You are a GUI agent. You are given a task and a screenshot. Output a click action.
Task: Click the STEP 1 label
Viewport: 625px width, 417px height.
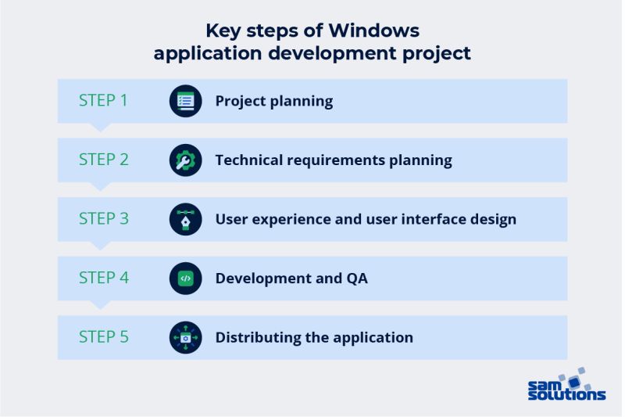(x=103, y=101)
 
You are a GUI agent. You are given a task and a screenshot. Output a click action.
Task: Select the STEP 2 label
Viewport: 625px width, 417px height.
(x=103, y=160)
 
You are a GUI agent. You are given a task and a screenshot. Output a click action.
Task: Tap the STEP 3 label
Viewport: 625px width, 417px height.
(x=103, y=219)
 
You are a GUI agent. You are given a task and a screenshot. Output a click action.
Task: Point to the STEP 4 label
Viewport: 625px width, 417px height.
(x=103, y=278)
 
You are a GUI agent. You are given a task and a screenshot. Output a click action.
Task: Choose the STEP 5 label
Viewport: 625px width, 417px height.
(x=103, y=337)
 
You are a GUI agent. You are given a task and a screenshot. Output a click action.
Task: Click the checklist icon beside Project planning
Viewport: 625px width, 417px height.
(x=185, y=101)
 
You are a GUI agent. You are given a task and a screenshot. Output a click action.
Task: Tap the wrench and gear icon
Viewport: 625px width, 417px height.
(x=185, y=160)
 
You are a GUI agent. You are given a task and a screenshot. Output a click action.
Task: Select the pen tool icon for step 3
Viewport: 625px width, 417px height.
(x=185, y=219)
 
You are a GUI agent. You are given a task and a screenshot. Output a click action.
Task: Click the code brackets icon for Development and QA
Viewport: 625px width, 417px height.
(x=185, y=279)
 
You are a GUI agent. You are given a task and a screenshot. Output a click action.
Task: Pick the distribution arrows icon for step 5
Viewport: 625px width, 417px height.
(x=185, y=338)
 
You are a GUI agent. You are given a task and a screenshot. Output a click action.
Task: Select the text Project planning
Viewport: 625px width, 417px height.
(x=273, y=101)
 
